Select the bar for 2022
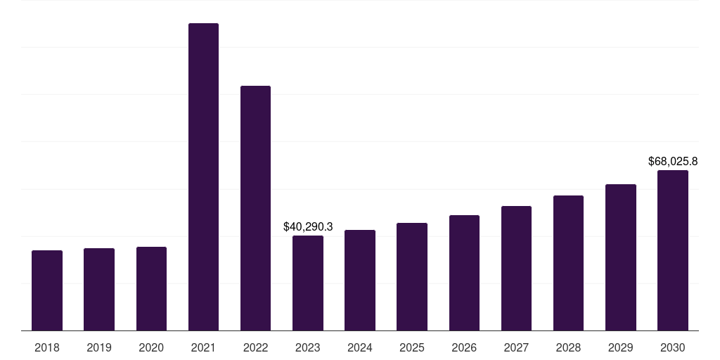(255, 208)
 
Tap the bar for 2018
(47, 290)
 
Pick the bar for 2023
(308, 283)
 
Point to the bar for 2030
(673, 250)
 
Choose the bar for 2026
(464, 273)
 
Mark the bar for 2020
(151, 288)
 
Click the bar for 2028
(568, 263)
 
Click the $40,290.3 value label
(308, 226)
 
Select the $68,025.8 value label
(673, 162)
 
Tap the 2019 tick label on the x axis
(99, 347)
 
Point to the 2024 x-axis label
(360, 347)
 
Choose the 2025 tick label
(412, 347)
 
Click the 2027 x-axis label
(516, 347)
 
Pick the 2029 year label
(621, 347)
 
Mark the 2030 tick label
(673, 347)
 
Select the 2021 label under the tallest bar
(203, 347)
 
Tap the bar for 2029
(621, 257)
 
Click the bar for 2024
(360, 280)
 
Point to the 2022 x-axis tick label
(255, 347)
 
